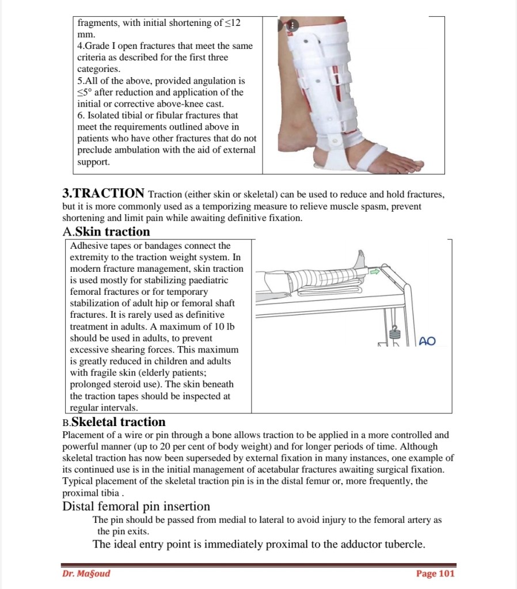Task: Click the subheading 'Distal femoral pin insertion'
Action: [x=136, y=507]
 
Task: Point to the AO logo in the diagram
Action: [x=427, y=341]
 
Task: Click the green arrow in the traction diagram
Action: [x=375, y=270]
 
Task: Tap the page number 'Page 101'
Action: [x=435, y=573]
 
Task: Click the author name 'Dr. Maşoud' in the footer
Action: [x=86, y=573]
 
